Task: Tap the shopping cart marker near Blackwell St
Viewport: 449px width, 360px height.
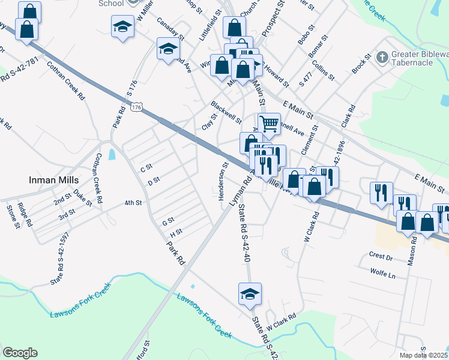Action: pos(270,124)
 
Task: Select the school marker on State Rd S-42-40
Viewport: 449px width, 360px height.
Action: pos(250,294)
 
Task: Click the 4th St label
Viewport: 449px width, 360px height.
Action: pos(133,203)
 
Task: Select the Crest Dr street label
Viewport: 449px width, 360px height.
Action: pos(381,257)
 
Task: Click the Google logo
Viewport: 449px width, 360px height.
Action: pos(20,352)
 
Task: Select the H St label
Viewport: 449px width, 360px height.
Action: pos(176,232)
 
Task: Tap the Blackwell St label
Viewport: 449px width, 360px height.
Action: pos(226,112)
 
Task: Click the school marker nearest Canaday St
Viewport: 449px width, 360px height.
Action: pos(168,49)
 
